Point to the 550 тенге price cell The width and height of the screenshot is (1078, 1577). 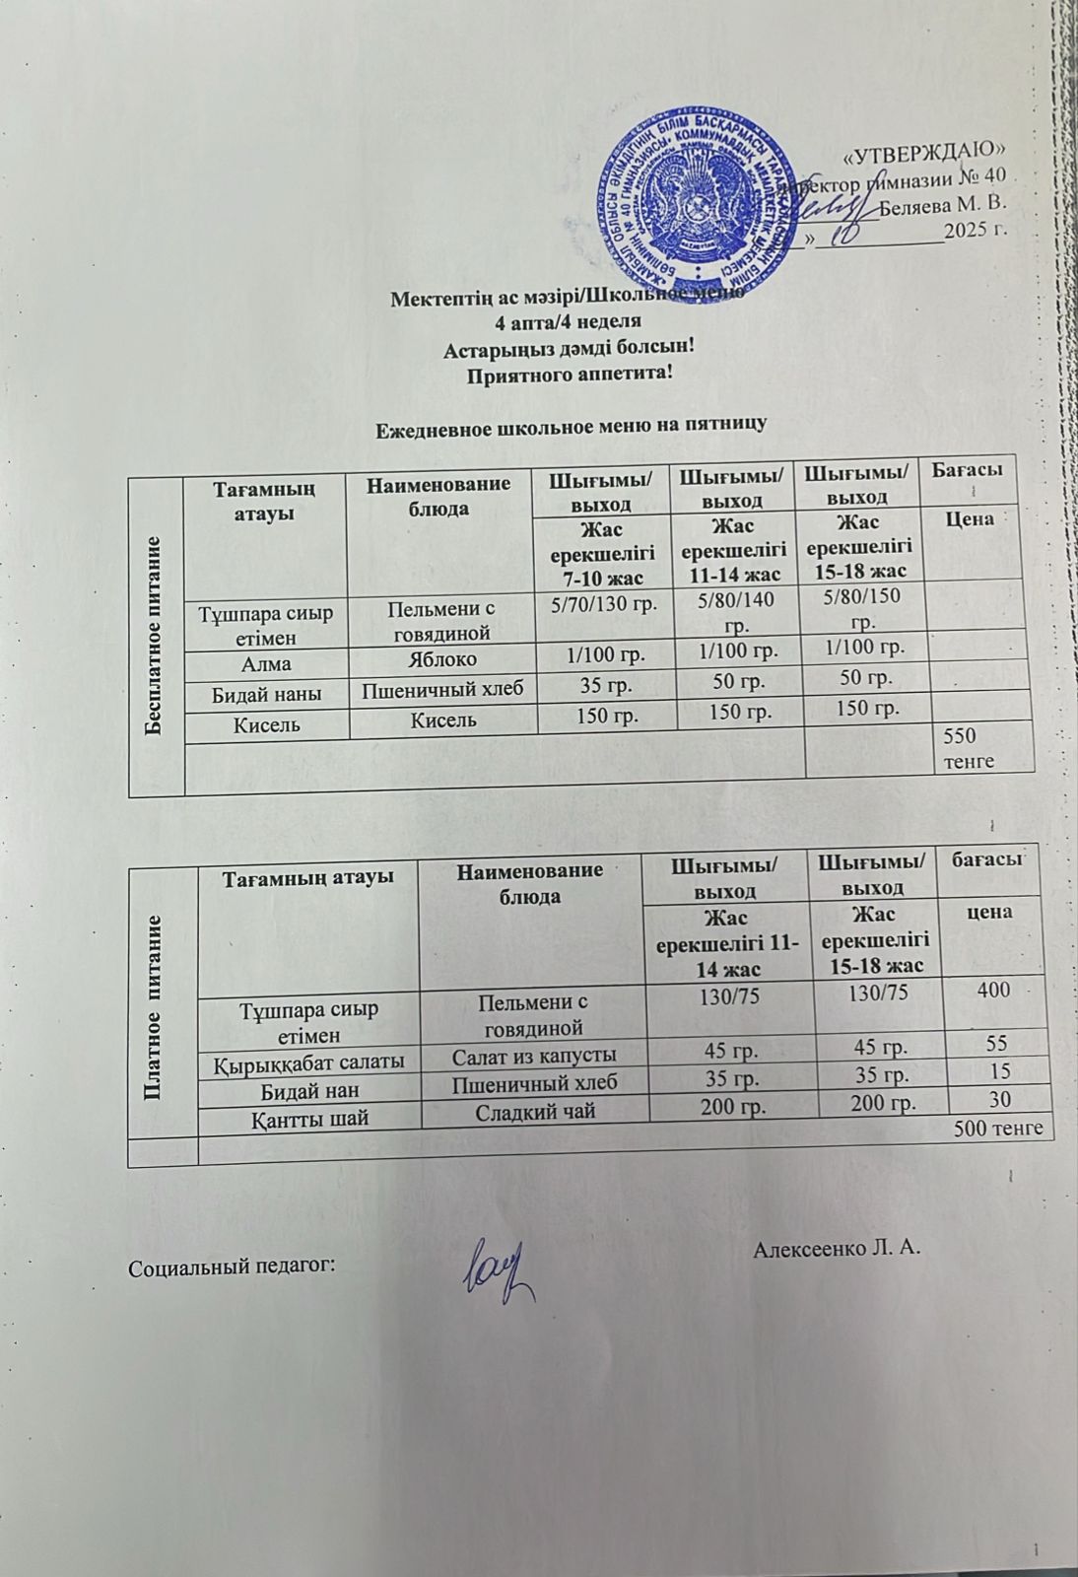pos(970,748)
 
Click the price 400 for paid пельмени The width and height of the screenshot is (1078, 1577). pos(993,989)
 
